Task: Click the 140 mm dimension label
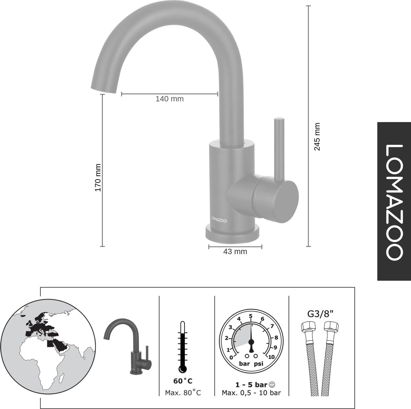170,99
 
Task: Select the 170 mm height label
98,178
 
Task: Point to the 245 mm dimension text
317,137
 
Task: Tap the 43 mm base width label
235,251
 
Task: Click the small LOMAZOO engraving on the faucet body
219,221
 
